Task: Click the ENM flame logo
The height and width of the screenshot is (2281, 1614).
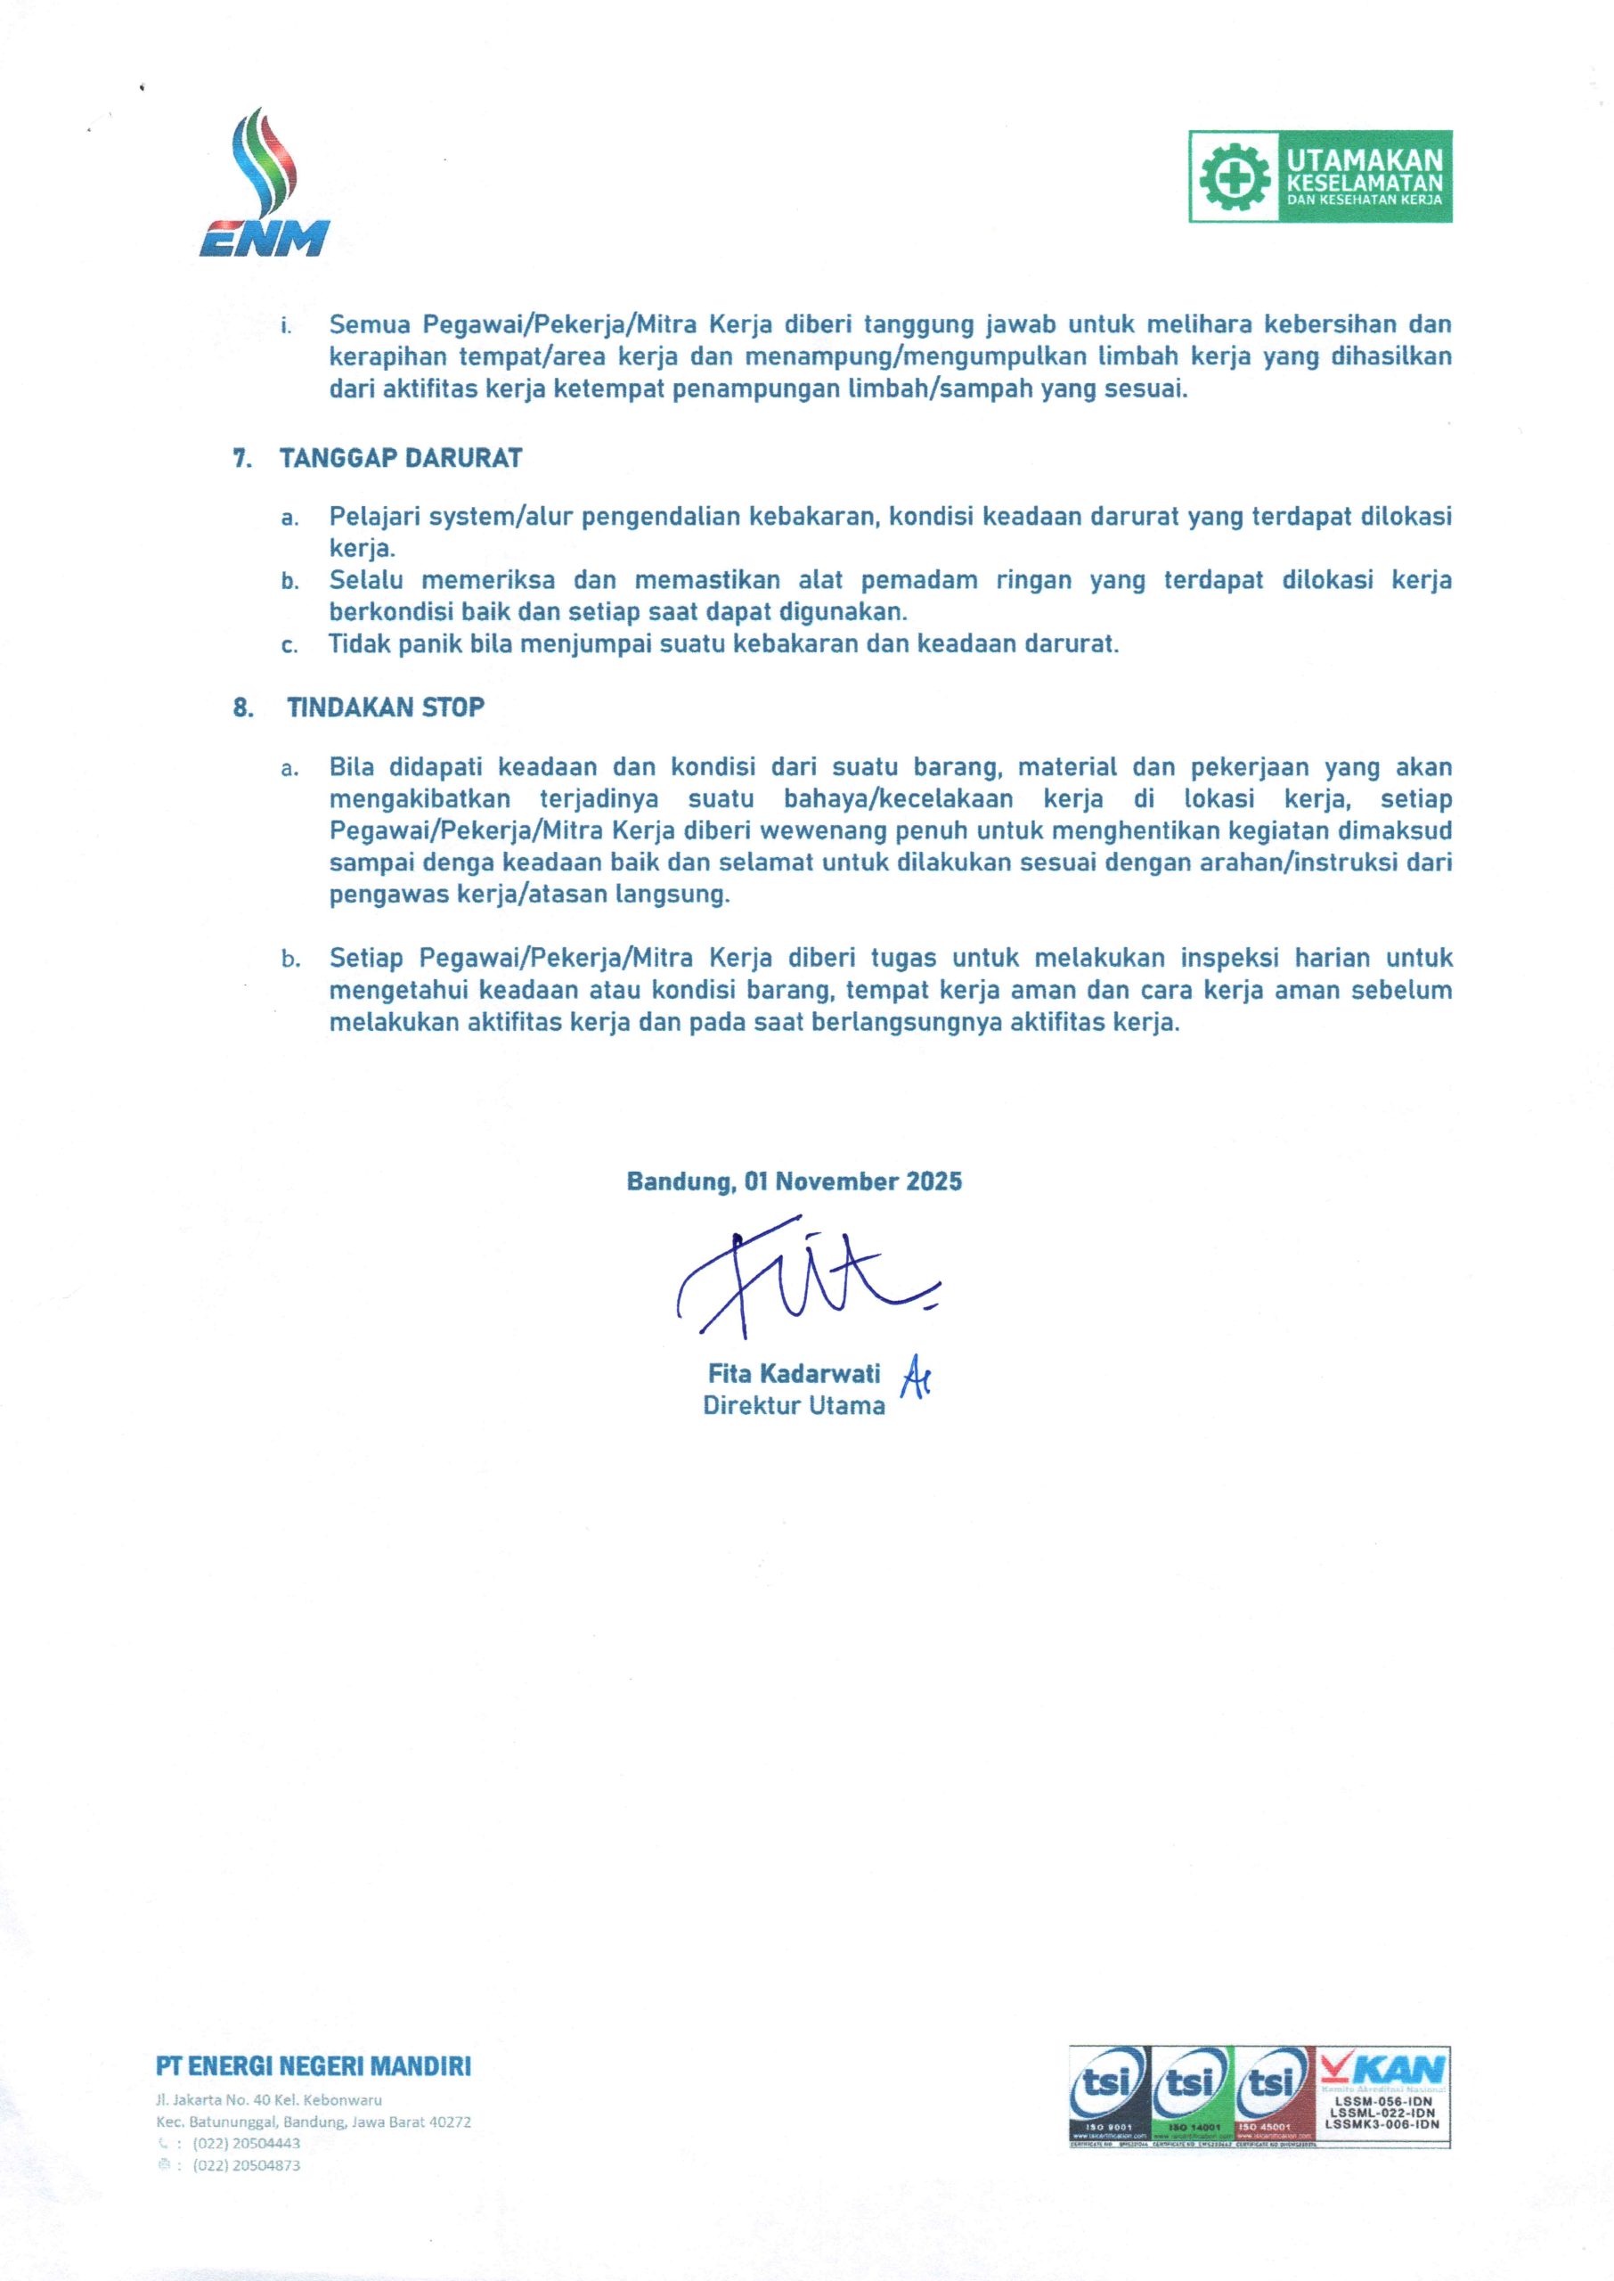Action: click(x=265, y=184)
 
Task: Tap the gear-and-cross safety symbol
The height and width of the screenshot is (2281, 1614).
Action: click(x=1233, y=177)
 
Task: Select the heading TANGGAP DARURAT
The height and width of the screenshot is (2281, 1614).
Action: click(x=401, y=458)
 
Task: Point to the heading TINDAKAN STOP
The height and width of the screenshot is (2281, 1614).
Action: click(x=386, y=707)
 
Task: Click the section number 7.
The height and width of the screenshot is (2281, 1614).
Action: click(x=240, y=459)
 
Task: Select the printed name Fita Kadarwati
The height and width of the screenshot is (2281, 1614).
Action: click(x=793, y=1374)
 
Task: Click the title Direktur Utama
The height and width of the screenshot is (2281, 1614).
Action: click(x=793, y=1405)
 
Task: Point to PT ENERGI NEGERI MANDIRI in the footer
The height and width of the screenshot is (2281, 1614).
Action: click(x=314, y=2067)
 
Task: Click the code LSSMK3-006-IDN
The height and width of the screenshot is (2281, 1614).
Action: click(x=1382, y=2123)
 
